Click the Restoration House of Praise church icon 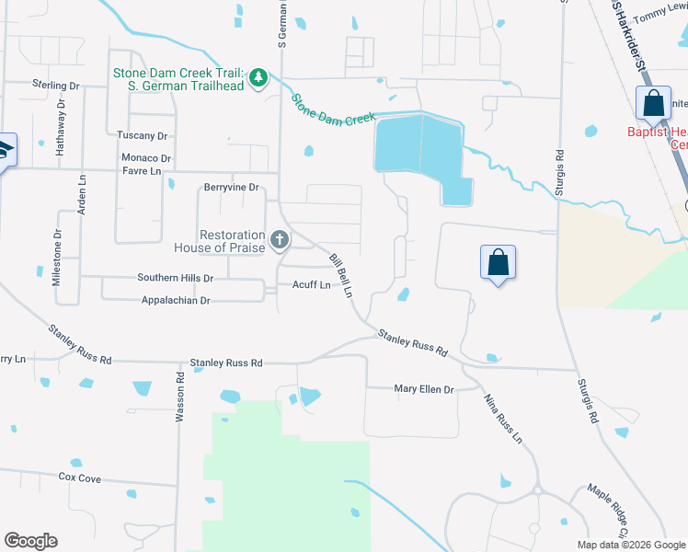(x=280, y=241)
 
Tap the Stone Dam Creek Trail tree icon (x=259, y=75)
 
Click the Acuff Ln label (x=311, y=285)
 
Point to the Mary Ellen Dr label (x=424, y=389)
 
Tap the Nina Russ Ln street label (x=503, y=419)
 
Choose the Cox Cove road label (x=79, y=478)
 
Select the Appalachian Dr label (x=176, y=301)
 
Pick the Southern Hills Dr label (x=175, y=278)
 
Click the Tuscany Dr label (x=142, y=135)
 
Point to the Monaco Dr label (x=147, y=158)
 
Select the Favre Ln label (x=143, y=170)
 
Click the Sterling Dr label (x=55, y=86)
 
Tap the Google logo (x=31, y=541)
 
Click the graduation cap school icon (x=5, y=149)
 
